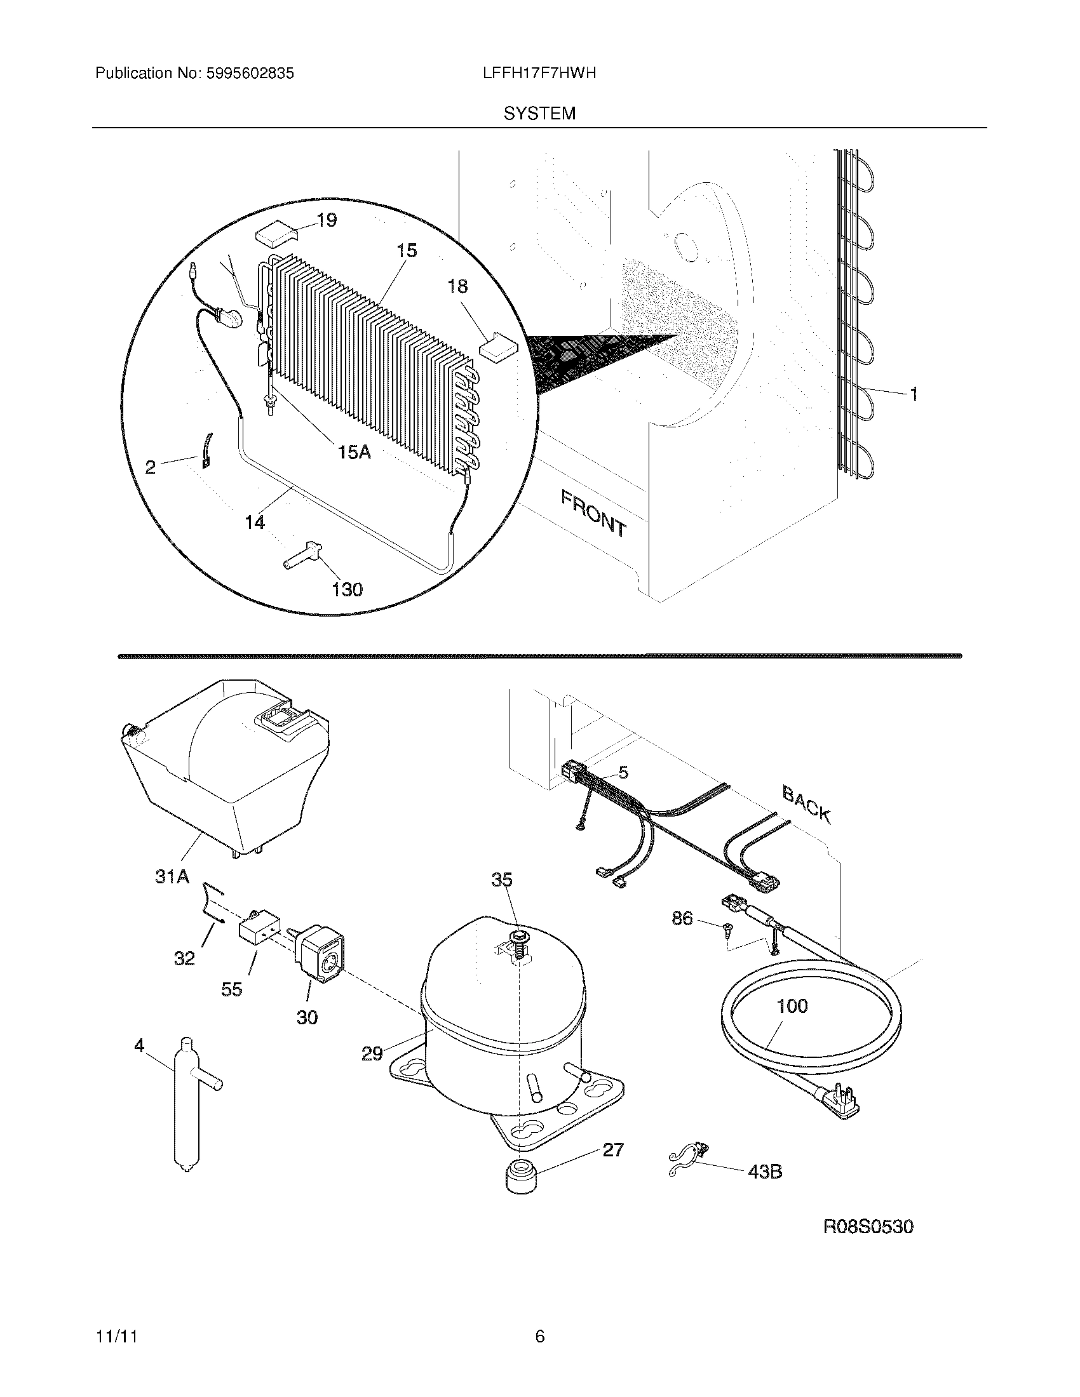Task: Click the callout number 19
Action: coord(327,220)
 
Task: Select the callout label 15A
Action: coord(354,452)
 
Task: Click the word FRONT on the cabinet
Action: coord(593,512)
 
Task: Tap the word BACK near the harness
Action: coord(807,805)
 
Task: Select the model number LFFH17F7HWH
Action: coord(539,74)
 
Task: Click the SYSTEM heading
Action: coord(539,114)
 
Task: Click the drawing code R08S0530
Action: coord(868,1227)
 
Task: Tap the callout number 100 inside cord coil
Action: coord(792,1006)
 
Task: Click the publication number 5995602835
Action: coord(250,74)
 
